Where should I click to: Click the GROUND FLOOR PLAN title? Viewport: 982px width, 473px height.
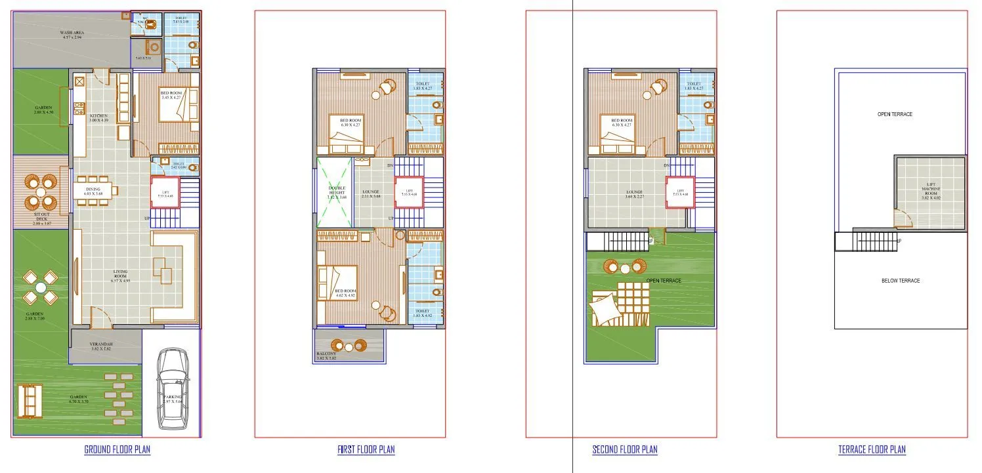coord(117,449)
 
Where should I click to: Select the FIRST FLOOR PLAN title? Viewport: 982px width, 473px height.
coord(366,449)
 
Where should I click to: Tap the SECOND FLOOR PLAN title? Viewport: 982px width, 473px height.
coord(624,449)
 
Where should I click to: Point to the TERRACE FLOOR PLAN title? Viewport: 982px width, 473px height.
coord(872,449)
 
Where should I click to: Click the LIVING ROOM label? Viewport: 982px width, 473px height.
coord(120,274)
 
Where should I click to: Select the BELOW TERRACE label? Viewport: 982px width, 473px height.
coord(900,281)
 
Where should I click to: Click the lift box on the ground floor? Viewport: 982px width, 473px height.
coord(165,192)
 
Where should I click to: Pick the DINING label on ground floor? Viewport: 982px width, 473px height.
coord(93,190)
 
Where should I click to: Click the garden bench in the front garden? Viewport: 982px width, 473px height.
coord(28,400)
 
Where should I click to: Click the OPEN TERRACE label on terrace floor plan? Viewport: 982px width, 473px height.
coord(895,114)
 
